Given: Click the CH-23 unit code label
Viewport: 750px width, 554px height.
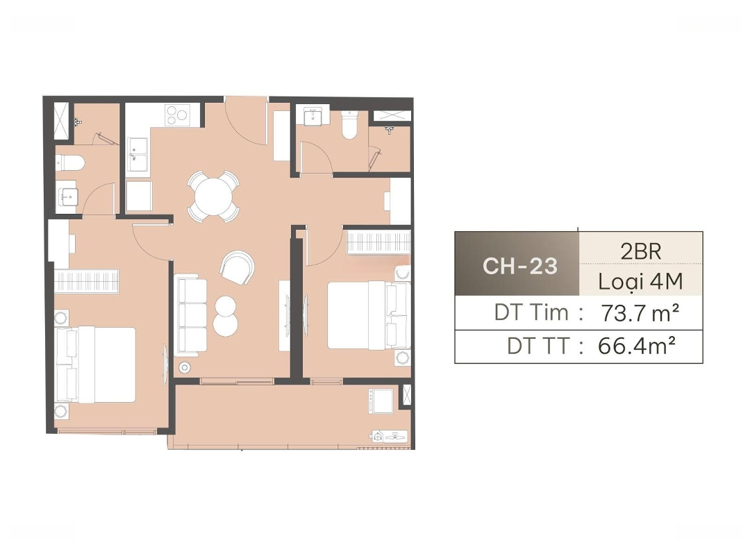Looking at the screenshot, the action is [x=520, y=266].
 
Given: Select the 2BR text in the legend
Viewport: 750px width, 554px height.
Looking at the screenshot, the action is [x=640, y=251].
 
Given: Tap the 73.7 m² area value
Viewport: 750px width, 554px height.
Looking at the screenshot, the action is [x=640, y=314].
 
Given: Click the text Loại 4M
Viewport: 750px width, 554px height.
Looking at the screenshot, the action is [x=640, y=282].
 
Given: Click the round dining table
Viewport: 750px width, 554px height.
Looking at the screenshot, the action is [x=213, y=196].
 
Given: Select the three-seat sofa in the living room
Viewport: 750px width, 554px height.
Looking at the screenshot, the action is [x=192, y=315].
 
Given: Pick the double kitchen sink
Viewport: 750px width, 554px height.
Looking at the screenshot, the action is [x=137, y=154].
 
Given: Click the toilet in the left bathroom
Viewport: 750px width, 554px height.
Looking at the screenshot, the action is [x=70, y=163].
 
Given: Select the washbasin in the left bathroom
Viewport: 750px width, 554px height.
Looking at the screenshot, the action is [x=67, y=196].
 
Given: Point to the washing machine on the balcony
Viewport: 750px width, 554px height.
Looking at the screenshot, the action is [x=381, y=401].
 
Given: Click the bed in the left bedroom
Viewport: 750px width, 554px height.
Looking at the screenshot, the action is [x=96, y=364].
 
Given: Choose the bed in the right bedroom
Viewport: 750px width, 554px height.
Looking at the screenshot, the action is [x=369, y=315].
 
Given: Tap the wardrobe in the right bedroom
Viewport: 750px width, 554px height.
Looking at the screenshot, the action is [x=378, y=242].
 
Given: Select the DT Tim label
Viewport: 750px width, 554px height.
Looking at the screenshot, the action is [x=531, y=312].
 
